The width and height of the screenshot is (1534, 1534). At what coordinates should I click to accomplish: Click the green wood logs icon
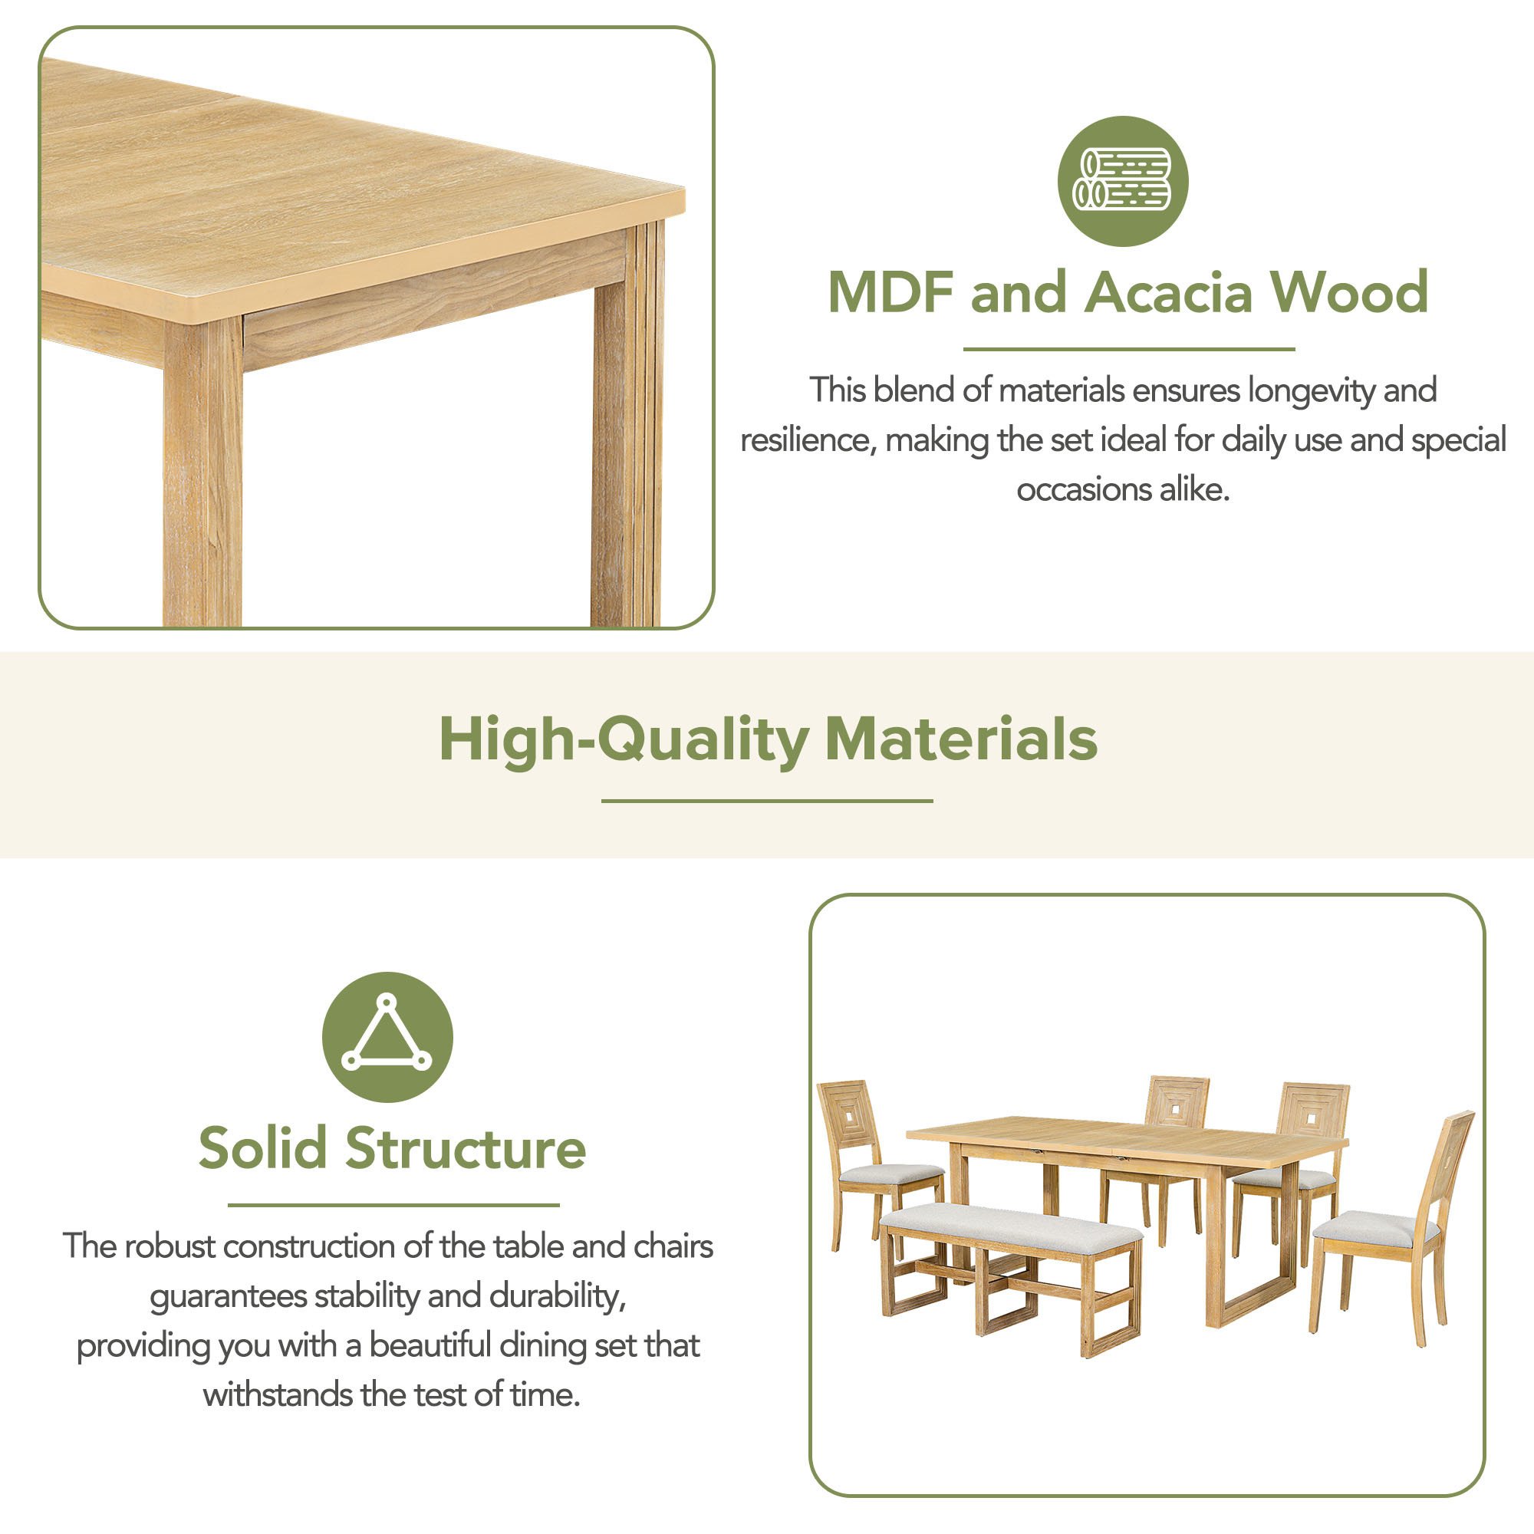coord(1123,181)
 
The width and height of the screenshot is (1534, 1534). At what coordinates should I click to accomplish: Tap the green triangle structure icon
coord(387,1037)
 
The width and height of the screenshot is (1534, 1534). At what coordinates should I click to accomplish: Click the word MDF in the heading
coord(890,292)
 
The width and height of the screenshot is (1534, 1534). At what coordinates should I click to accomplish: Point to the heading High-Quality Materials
coord(768,739)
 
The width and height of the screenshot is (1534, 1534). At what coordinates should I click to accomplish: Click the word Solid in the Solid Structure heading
coord(262,1148)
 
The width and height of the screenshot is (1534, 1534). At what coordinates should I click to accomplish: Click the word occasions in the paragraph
coord(1084,490)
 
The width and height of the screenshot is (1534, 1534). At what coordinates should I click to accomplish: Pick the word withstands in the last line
coord(277,1395)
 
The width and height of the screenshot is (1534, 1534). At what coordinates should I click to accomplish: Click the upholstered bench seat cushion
coord(1012,1226)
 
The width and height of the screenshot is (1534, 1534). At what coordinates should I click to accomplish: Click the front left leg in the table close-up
coord(203,473)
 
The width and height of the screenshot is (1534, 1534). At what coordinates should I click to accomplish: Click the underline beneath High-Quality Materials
coord(767,802)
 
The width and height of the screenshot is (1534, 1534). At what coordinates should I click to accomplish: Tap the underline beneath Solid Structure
coord(393,1205)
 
